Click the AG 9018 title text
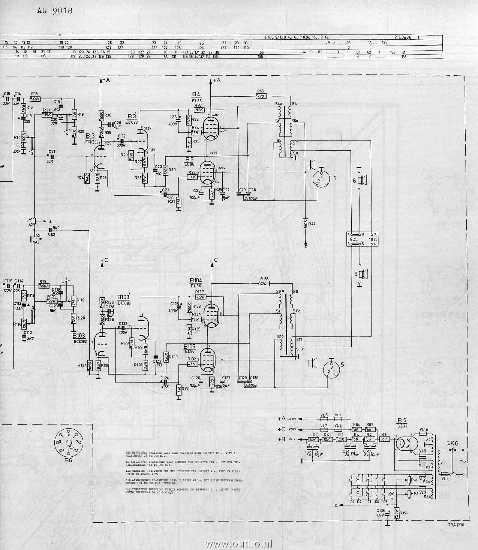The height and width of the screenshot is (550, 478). pyautogui.click(x=54, y=10)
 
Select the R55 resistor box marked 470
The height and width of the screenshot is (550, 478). pyautogui.click(x=261, y=96)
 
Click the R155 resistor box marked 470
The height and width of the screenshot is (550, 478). pyautogui.click(x=264, y=284)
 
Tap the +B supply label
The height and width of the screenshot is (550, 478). pyautogui.click(x=282, y=439)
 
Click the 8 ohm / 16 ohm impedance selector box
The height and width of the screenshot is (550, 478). pyautogui.click(x=362, y=239)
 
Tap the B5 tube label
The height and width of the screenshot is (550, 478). pyautogui.click(x=188, y=159)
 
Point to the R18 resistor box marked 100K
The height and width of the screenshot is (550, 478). pyautogui.click(x=36, y=99)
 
